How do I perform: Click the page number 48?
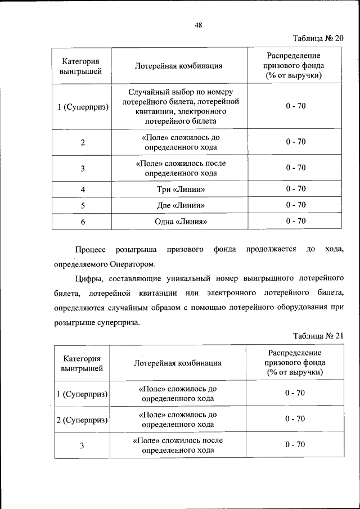click(x=198, y=25)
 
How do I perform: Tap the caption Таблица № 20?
click(x=318, y=38)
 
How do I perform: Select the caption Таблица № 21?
click(x=318, y=336)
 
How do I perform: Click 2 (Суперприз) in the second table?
click(x=82, y=419)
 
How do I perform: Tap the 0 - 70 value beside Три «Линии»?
click(x=295, y=189)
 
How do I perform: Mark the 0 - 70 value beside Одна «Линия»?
click(x=295, y=222)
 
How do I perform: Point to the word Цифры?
click(x=88, y=278)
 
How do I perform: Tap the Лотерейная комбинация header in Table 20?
click(x=179, y=66)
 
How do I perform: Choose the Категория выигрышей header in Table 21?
click(x=82, y=363)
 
